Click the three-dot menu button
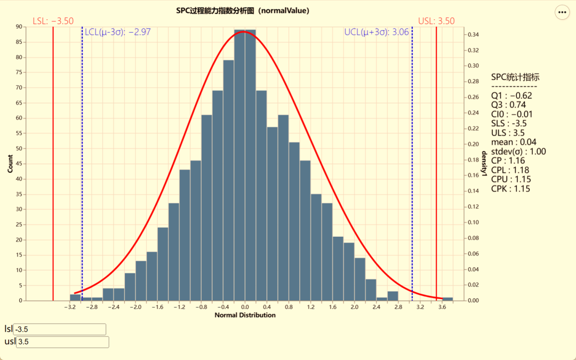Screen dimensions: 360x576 click(x=562, y=12)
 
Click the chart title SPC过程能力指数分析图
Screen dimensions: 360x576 click(x=243, y=11)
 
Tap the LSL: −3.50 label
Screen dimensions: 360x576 click(x=53, y=21)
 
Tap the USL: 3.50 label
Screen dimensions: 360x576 click(x=436, y=21)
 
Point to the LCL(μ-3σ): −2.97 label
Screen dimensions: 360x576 click(x=118, y=32)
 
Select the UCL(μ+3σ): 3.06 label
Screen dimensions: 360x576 click(x=377, y=32)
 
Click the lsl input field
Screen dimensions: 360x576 click(x=60, y=329)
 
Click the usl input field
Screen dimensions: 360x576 click(x=62, y=342)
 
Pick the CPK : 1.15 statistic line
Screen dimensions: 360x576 click(x=510, y=189)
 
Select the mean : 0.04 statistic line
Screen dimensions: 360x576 click(x=514, y=142)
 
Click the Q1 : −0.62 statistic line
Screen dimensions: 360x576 click(x=511, y=96)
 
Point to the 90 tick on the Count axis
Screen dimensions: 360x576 click(x=19, y=27)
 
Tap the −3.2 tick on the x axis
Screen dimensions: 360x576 click(x=69, y=307)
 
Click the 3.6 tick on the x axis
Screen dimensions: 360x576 click(x=442, y=307)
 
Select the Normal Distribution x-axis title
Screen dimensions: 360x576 click(x=245, y=315)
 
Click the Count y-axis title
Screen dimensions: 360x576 click(x=10, y=163)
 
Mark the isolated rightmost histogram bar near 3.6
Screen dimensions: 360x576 click(x=447, y=299)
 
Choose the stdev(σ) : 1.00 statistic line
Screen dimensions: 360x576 click(x=518, y=151)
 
